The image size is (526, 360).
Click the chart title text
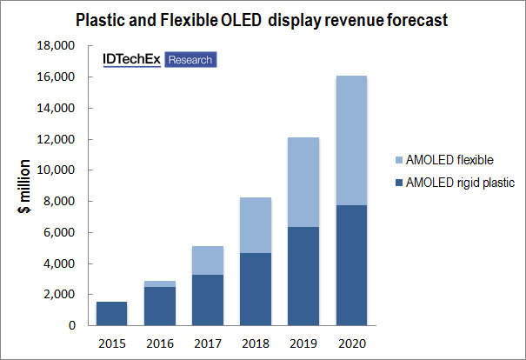tap(263, 19)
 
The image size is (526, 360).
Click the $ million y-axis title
tap(27, 186)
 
